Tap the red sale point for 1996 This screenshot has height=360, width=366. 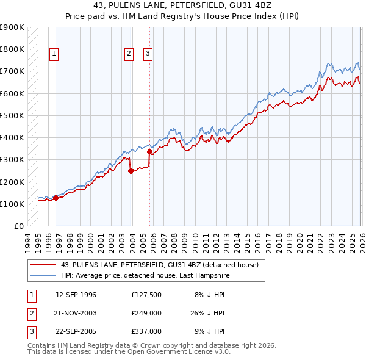[x=56, y=197]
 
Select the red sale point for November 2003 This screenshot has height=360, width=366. [x=131, y=171]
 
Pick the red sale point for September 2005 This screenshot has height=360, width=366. [x=149, y=151]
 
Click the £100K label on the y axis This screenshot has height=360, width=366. [x=12, y=204]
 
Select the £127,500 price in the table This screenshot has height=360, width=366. [x=146, y=294]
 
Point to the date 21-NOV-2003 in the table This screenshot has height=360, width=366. [x=76, y=313]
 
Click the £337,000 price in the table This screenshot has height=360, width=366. [x=146, y=331]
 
